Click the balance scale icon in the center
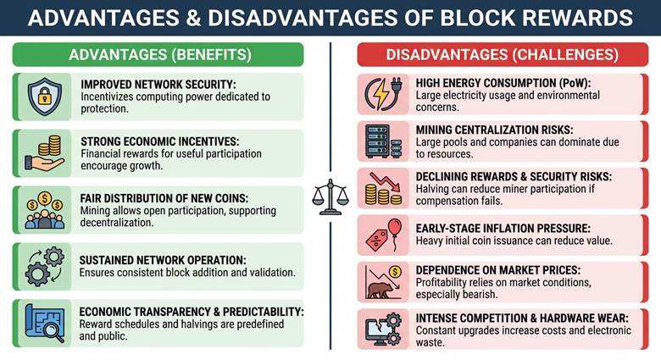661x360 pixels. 330,197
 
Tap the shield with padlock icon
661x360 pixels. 43,97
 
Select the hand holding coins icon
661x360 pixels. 44,153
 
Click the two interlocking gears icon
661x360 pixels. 44,265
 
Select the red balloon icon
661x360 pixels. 384,235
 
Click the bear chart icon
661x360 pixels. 383,281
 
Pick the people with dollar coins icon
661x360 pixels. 44,210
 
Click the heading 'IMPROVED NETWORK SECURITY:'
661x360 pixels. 157,85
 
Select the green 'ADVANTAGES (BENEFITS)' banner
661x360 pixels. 158,55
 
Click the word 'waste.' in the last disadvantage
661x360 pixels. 430,344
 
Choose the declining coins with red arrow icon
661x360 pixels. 383,188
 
